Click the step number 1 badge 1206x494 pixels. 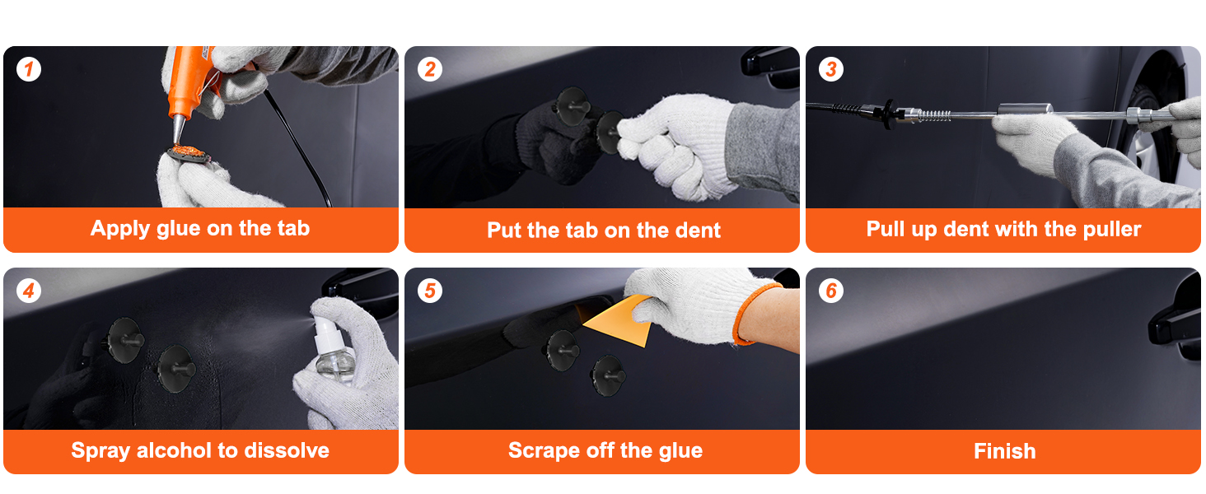(x=29, y=70)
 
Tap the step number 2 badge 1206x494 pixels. (x=430, y=70)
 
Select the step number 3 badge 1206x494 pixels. (x=830, y=70)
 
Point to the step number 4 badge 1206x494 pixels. (x=29, y=291)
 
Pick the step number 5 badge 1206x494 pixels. (x=430, y=291)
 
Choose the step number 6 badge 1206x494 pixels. (x=830, y=291)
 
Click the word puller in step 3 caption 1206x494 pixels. (x=1112, y=229)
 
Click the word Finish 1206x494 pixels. (x=1004, y=451)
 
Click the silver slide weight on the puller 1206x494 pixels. (x=1026, y=110)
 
